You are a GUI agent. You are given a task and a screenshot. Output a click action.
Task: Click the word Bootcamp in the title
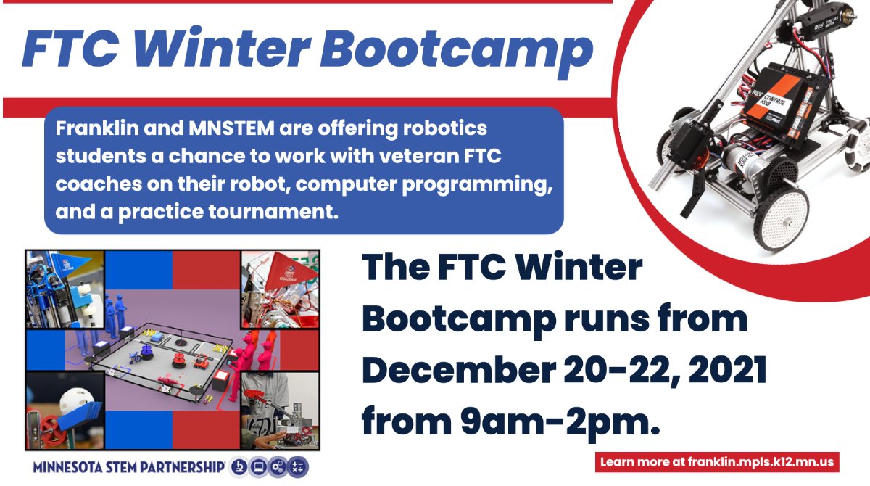tap(457, 49)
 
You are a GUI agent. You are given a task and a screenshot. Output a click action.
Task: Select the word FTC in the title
tap(70, 48)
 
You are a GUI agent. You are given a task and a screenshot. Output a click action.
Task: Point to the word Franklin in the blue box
tap(91, 129)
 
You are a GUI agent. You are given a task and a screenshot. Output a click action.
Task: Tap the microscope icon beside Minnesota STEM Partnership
tap(239, 467)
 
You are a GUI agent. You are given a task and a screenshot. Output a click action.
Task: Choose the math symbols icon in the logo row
tap(299, 467)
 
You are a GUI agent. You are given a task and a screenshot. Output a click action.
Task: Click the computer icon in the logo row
tap(259, 467)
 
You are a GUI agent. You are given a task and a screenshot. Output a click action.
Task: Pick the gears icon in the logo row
tap(279, 467)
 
